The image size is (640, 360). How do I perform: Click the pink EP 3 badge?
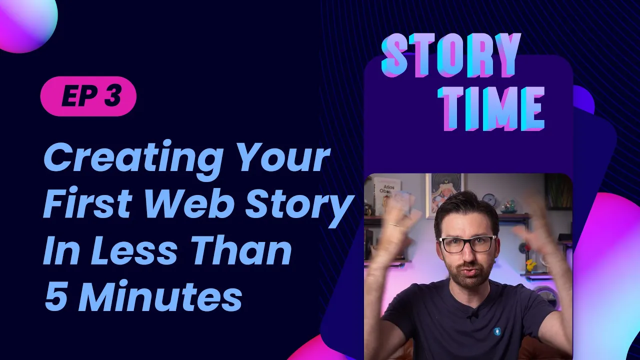(x=88, y=96)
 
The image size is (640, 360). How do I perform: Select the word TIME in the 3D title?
(x=494, y=109)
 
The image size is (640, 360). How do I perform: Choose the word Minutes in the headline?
(x=160, y=297)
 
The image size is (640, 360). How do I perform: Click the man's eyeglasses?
(x=467, y=243)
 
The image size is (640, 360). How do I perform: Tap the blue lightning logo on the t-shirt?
(x=497, y=331)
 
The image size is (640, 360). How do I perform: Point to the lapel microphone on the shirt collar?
(x=471, y=314)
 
